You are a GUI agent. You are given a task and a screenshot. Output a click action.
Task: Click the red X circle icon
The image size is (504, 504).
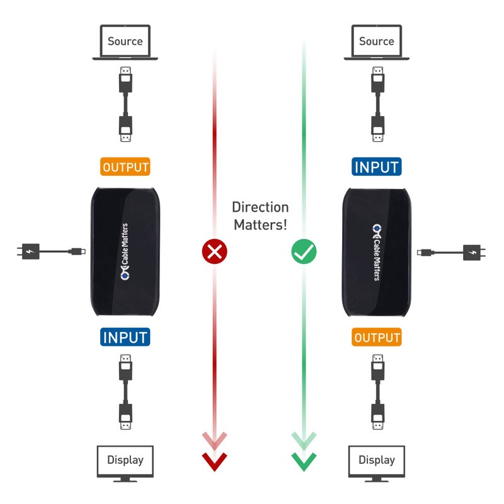point(214,252)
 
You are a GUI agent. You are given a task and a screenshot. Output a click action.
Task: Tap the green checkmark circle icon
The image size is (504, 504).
point(304,252)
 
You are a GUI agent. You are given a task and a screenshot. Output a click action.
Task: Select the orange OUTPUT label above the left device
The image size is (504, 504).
point(125,167)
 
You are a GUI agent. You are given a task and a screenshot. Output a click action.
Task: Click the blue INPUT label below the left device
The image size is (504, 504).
point(125,337)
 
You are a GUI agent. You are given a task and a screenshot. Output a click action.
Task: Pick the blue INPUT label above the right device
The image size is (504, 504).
point(376,167)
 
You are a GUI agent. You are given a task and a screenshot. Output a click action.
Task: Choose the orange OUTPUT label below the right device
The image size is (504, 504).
point(377,337)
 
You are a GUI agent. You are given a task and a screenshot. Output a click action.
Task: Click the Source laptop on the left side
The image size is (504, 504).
point(125,43)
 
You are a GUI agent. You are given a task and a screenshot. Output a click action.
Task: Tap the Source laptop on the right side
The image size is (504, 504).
point(376,43)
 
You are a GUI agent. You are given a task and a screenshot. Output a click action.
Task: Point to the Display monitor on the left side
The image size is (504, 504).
point(125,462)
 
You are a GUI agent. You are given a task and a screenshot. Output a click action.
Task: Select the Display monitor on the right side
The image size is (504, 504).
point(376,462)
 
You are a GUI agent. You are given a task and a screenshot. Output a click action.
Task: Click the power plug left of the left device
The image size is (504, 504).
point(28,251)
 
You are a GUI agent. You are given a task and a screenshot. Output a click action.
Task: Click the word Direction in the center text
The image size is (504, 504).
point(260,207)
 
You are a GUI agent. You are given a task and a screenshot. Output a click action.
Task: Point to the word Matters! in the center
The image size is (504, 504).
point(260,224)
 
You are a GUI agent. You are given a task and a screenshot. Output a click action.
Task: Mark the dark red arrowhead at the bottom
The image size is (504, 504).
point(214,461)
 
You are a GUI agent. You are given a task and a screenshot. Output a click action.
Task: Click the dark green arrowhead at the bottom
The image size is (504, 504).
point(304,461)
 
